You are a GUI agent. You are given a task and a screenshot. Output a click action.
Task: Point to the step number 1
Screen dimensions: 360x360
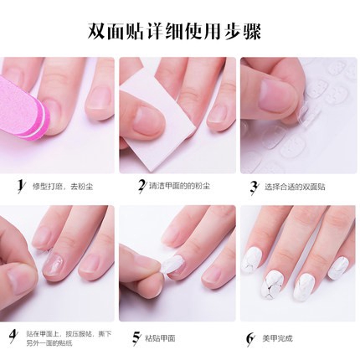pyautogui.click(x=19, y=185)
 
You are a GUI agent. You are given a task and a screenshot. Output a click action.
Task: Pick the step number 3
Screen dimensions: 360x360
pyautogui.click(x=254, y=185)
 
